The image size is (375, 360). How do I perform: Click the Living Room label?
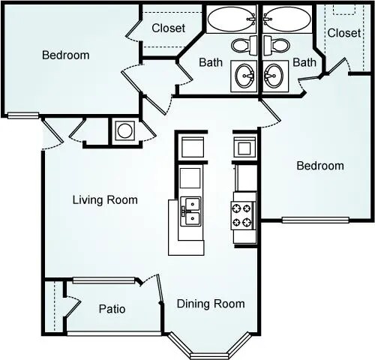pos(105,199)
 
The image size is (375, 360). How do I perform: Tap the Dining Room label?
pos(211,304)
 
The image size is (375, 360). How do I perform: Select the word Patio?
pos(112,309)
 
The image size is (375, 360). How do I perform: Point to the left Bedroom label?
pos(65,55)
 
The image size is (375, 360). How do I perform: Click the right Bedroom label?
pos(320,166)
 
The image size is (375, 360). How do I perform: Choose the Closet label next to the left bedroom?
pos(169,28)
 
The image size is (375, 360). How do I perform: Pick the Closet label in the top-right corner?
pos(344,33)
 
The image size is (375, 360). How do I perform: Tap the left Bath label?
pos(211,62)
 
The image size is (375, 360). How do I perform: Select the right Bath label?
pos(304,62)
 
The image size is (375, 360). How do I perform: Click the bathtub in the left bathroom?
pos(232,19)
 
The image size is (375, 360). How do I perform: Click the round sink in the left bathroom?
pos(244,75)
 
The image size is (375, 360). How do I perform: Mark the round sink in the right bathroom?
pos(273,75)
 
